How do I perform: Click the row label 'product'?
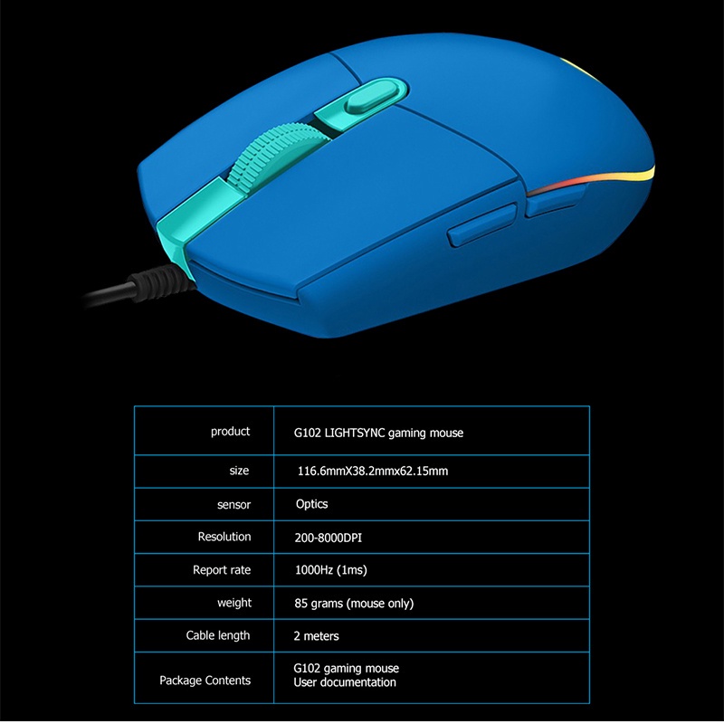pyautogui.click(x=230, y=432)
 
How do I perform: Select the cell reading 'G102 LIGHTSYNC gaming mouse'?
pyautogui.click(x=378, y=433)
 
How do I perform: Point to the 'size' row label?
pyautogui.click(x=240, y=471)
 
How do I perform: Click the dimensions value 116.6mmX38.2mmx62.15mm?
pyautogui.click(x=373, y=472)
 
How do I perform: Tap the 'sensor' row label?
pyautogui.click(x=234, y=504)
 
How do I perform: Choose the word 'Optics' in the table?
pyautogui.click(x=311, y=504)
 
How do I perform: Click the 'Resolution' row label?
pyautogui.click(x=224, y=537)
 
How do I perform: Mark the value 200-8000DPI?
pyautogui.click(x=328, y=538)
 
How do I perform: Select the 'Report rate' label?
pyautogui.click(x=221, y=570)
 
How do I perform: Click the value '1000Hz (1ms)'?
pyautogui.click(x=330, y=570)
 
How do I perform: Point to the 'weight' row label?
pyautogui.click(x=234, y=603)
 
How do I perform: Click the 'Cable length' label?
pyautogui.click(x=217, y=635)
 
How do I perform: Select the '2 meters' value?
pyautogui.click(x=316, y=636)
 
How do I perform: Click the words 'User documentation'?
pyautogui.click(x=345, y=682)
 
